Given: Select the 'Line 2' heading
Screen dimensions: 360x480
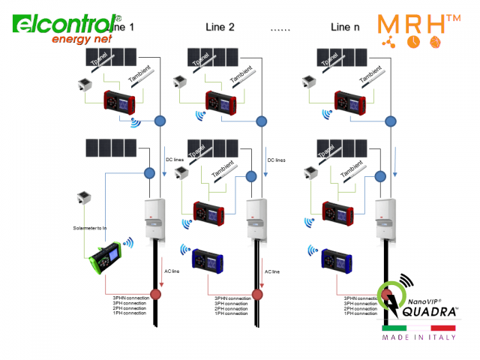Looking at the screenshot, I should coord(220,27).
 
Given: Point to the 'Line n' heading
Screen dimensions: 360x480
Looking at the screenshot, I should coord(345,27).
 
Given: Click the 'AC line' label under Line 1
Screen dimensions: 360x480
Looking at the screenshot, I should coord(172,271).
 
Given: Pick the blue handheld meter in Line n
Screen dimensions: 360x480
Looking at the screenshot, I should coord(334,259).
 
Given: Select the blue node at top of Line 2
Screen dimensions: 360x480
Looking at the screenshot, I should coord(261,121).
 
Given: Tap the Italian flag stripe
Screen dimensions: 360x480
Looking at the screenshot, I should coord(418,328).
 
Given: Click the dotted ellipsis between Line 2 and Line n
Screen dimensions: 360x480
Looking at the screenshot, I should coord(280,28).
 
